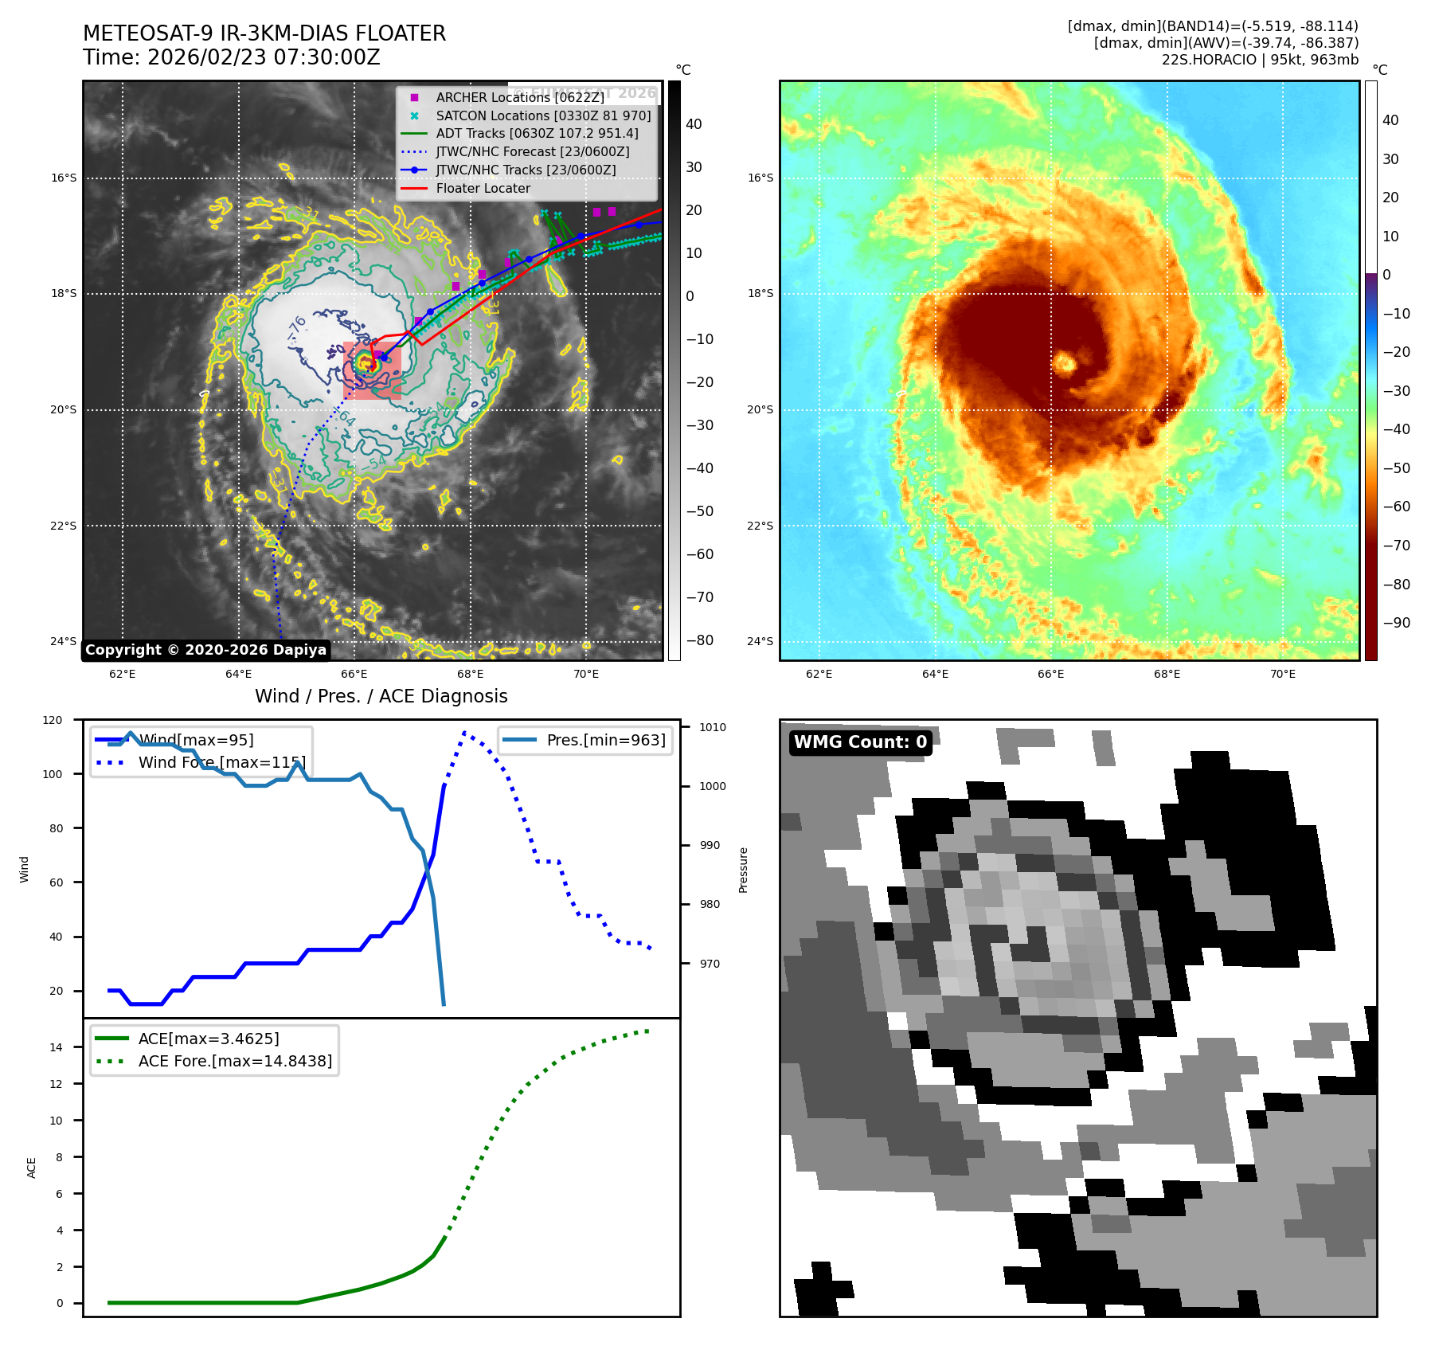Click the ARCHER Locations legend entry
[x=520, y=97]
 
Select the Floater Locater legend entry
[x=483, y=189]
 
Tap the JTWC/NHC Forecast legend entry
[x=532, y=152]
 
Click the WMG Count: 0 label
[x=860, y=742]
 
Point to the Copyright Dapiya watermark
[x=205, y=650]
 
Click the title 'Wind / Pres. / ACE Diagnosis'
[x=381, y=696]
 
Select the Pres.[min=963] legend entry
[x=605, y=740]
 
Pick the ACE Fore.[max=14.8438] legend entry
[x=235, y=1061]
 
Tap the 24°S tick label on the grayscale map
[x=64, y=642]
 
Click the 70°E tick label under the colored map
[x=1282, y=675]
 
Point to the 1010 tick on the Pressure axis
[x=713, y=727]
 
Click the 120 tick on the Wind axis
[x=53, y=720]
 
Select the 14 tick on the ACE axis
[x=56, y=1047]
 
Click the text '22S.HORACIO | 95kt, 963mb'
[x=1260, y=60]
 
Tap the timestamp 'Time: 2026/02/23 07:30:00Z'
[x=231, y=58]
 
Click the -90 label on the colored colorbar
[x=1396, y=623]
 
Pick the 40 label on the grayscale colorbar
[x=694, y=124]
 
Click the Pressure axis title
[x=743, y=870]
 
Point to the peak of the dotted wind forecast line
[x=464, y=732]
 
